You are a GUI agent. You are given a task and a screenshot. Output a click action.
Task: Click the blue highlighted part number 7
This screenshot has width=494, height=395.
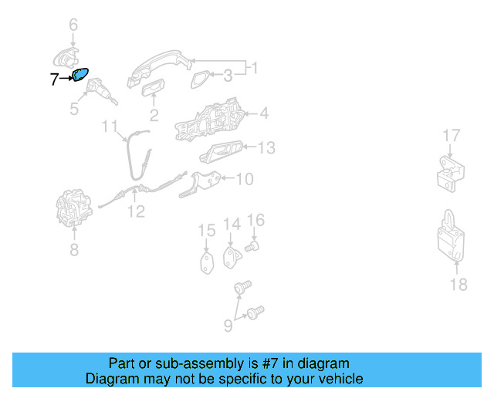[x=80, y=75]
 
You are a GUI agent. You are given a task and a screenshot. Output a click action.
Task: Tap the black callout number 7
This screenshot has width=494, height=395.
[x=54, y=79]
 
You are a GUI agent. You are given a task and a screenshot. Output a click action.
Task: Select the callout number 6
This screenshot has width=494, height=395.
[x=73, y=25]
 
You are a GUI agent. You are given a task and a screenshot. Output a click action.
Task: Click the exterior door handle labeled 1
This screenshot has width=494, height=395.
[x=159, y=68]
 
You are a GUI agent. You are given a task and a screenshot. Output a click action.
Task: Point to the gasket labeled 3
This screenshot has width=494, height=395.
[x=200, y=79]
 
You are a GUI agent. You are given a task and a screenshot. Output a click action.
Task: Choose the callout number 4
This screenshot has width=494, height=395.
[x=264, y=113]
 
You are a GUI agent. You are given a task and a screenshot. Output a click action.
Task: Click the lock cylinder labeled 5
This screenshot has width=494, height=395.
[x=101, y=91]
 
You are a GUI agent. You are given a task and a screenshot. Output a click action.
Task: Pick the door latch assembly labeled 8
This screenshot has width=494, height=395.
[x=74, y=208]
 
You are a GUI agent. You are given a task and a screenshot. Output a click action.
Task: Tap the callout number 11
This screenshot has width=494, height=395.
[x=110, y=127]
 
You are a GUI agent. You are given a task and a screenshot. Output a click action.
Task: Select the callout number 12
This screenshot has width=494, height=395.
[x=137, y=211]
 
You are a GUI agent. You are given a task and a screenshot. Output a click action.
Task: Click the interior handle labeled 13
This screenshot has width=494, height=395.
[x=222, y=152]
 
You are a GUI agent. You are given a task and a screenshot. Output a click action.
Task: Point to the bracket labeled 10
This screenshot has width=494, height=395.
[x=201, y=184]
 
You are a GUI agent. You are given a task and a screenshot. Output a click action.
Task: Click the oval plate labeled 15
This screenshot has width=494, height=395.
[x=207, y=263]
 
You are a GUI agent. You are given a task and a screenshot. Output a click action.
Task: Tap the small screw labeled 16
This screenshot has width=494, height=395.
[x=252, y=246]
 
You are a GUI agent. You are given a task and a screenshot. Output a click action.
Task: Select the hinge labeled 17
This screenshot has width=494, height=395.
[x=451, y=174]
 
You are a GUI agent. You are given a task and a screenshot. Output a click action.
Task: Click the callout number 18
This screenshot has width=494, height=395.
[x=458, y=285]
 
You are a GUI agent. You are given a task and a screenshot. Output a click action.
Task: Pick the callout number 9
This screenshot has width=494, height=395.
[x=228, y=326]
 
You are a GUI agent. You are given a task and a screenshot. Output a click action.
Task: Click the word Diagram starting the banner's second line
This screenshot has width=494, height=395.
[x=112, y=379]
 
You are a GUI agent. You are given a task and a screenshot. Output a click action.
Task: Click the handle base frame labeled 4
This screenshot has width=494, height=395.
[x=209, y=120]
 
